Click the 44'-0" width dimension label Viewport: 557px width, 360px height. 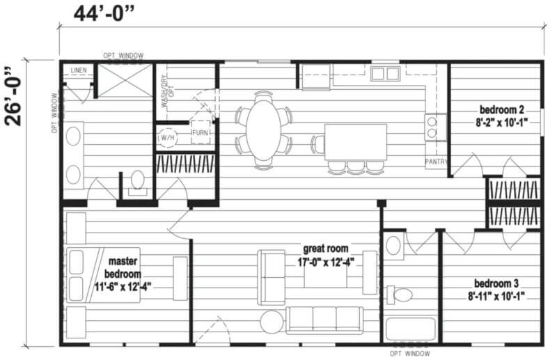(x=104, y=14)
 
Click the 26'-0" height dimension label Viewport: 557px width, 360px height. (x=13, y=96)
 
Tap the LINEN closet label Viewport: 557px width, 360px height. (x=79, y=70)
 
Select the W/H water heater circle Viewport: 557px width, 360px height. (x=167, y=137)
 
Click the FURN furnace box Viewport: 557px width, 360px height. (x=201, y=132)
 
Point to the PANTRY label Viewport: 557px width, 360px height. (x=437, y=162)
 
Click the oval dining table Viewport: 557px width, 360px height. (x=264, y=130)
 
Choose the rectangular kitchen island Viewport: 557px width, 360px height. (x=356, y=142)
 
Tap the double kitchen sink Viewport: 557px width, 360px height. (x=385, y=74)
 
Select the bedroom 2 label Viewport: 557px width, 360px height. (x=501, y=116)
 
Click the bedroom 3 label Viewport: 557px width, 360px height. (x=496, y=290)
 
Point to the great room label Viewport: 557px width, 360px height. (x=326, y=255)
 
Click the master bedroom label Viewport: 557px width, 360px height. (x=123, y=274)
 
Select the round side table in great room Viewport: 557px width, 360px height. (x=272, y=322)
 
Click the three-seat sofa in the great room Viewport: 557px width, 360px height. (x=324, y=320)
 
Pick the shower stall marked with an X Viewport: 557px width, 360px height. (x=125, y=81)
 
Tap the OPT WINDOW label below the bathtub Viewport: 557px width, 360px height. (x=409, y=354)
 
